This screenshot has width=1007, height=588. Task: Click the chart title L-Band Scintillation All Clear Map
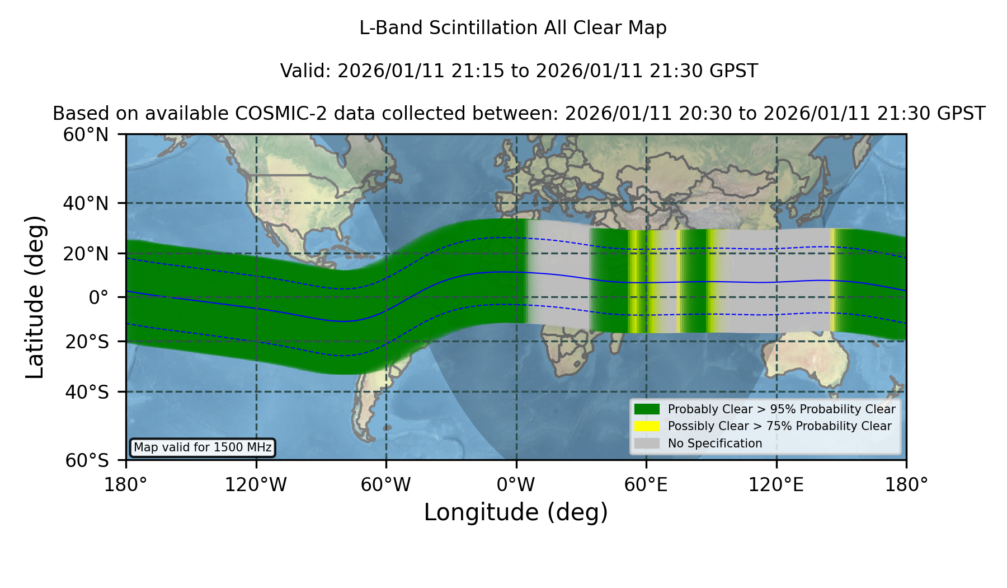click(x=512, y=28)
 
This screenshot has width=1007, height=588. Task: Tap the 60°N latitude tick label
click(x=86, y=135)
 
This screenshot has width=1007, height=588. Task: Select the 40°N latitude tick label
click(x=86, y=203)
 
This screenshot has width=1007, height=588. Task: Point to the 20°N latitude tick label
click(x=86, y=254)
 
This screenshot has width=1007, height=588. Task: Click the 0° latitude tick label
click(x=98, y=297)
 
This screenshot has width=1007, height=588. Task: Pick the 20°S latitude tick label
click(x=87, y=342)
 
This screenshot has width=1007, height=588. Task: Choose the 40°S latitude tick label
click(x=87, y=392)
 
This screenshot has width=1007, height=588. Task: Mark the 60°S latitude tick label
click(x=87, y=460)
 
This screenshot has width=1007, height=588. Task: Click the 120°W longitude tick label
click(x=256, y=484)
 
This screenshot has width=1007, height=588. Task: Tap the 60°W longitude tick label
click(x=386, y=484)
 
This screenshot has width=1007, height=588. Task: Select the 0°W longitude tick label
click(x=516, y=484)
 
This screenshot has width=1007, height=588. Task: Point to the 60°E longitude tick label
click(x=646, y=484)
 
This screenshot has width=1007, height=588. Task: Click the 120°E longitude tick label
click(x=776, y=484)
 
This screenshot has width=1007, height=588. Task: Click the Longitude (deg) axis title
click(x=516, y=512)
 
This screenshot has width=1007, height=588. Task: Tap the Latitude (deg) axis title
click(x=35, y=297)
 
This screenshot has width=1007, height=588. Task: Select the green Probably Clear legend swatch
click(x=647, y=409)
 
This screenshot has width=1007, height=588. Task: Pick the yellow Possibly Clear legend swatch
click(x=647, y=426)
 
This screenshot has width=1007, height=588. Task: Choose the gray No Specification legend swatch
click(x=647, y=444)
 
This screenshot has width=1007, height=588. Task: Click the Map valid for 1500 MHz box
click(x=203, y=447)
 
